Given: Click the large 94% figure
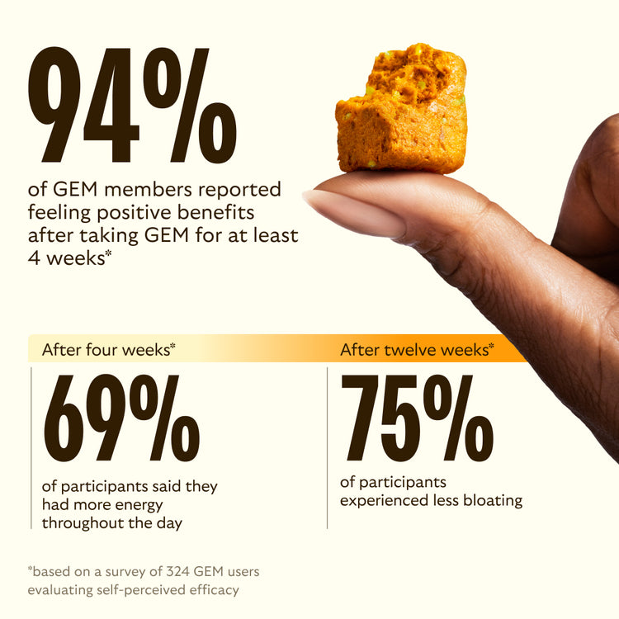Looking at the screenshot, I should [x=132, y=106].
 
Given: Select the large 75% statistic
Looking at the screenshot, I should [x=417, y=418].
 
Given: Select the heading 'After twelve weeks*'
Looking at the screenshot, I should [x=418, y=348].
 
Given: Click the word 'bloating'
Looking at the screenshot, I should [x=492, y=500].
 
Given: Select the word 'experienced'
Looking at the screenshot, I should [x=381, y=500].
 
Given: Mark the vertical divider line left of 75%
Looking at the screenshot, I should [x=328, y=446].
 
